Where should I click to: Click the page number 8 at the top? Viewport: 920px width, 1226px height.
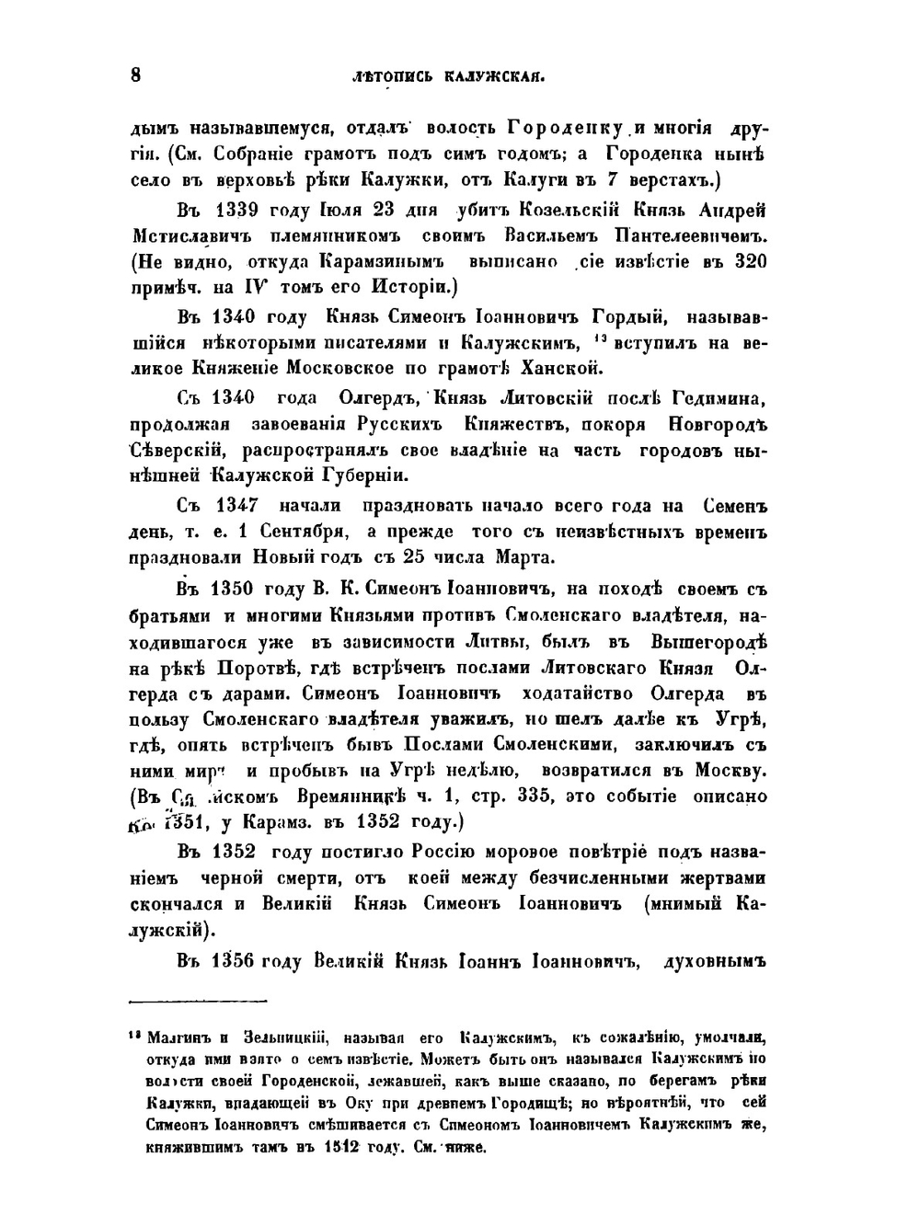[x=135, y=76]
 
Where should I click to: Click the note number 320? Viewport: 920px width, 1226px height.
[x=751, y=262]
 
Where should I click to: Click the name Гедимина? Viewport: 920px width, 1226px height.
[x=716, y=398]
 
